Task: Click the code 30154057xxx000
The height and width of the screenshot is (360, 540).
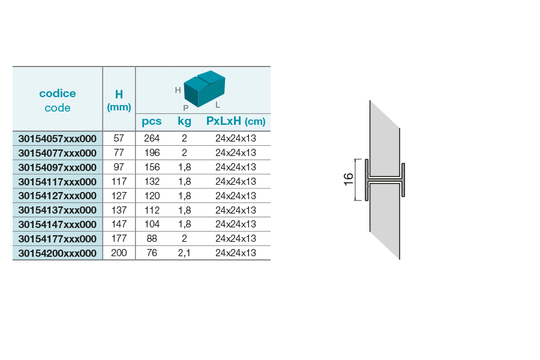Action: [x=57, y=139]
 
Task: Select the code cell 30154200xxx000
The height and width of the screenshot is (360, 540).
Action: [x=57, y=253]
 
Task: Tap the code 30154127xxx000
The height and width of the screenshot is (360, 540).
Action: [x=57, y=196]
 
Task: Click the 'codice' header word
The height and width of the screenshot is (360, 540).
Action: [x=58, y=94]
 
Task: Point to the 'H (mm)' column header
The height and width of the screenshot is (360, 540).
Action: [x=119, y=100]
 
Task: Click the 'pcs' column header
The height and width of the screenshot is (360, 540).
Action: [x=152, y=121]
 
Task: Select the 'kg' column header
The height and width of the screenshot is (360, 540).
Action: [x=184, y=121]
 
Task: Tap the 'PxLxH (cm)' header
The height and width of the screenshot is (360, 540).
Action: [x=236, y=121]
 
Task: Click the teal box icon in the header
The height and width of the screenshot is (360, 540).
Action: [x=204, y=89]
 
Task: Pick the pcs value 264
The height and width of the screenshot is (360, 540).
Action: [x=152, y=138]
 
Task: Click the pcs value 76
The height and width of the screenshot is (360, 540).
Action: [x=152, y=253]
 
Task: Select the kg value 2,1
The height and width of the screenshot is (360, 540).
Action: [x=184, y=253]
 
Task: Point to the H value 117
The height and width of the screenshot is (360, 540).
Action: [x=119, y=181]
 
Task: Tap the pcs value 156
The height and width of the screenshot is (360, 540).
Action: [x=152, y=167]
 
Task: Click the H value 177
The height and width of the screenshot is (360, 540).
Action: [x=119, y=238]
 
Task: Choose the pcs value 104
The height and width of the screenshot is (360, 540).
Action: [x=152, y=224]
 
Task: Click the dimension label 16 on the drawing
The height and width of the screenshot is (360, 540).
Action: [x=349, y=179]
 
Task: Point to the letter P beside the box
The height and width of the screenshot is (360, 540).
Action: [x=186, y=108]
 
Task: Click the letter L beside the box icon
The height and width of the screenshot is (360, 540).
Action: [x=218, y=105]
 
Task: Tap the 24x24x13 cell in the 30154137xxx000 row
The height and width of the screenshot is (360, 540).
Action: [x=236, y=210]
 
